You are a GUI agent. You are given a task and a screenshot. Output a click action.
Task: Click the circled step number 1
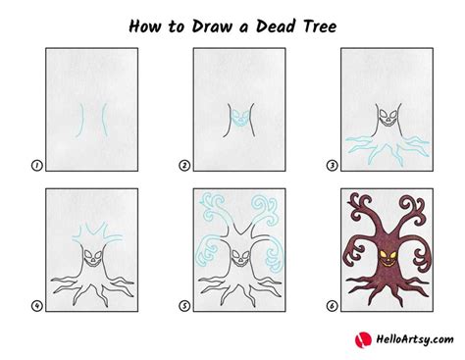click(37, 166)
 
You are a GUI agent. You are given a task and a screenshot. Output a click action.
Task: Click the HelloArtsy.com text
click(412, 341)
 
